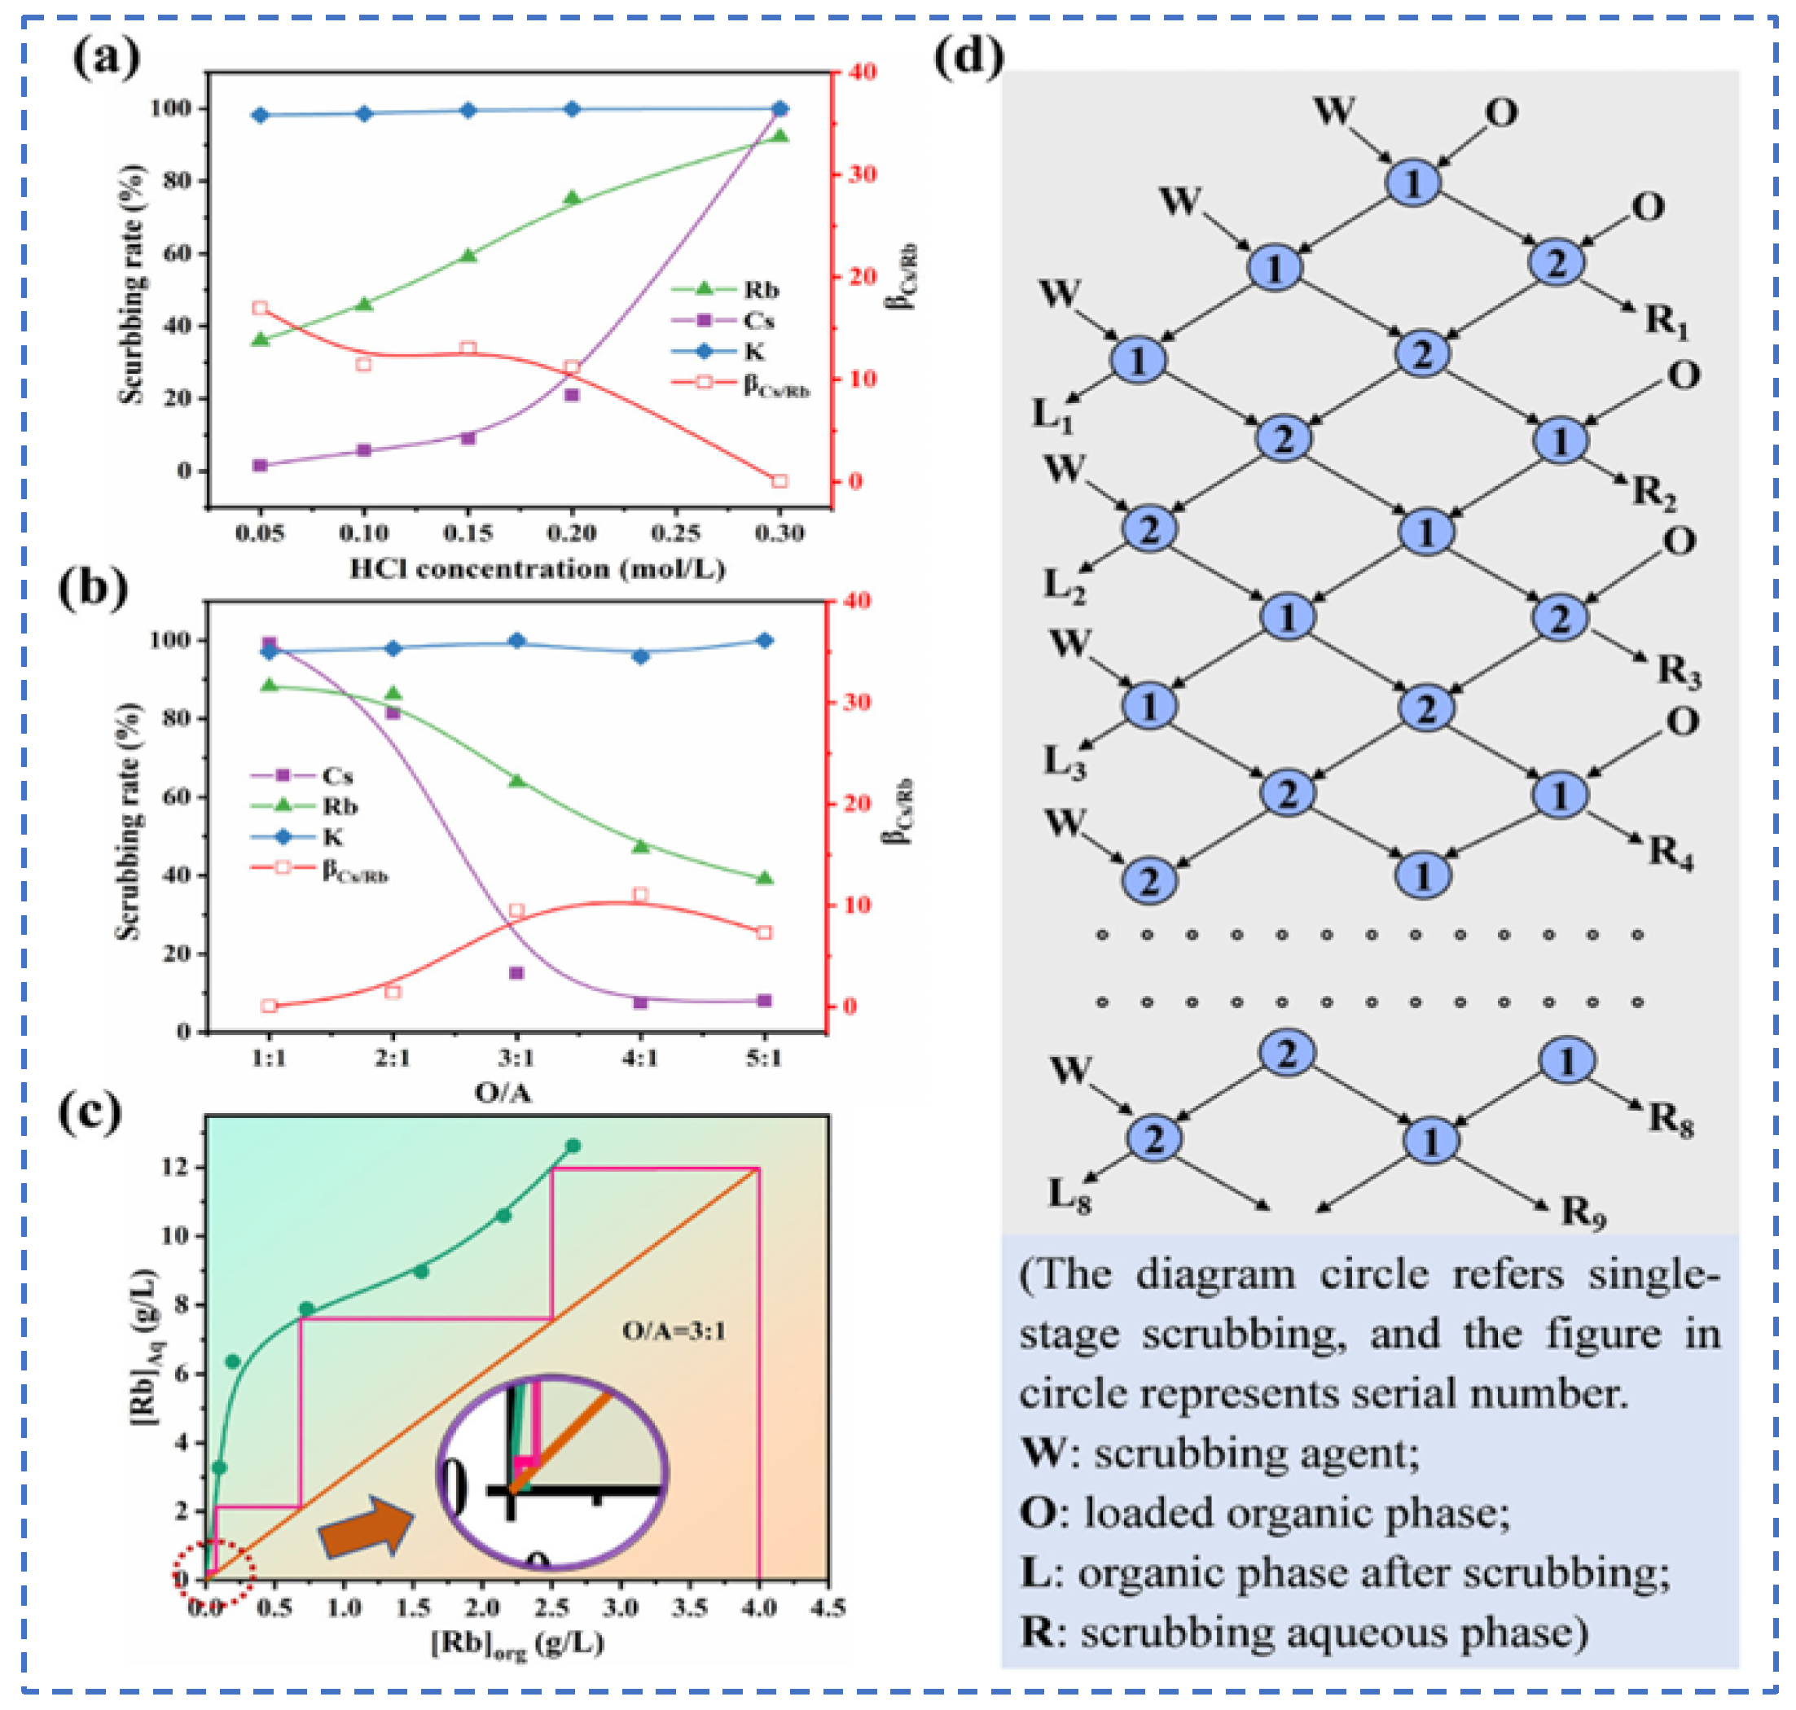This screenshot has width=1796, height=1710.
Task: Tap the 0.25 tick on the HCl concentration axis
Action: coord(675,533)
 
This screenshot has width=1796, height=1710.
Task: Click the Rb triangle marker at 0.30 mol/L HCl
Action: coord(780,136)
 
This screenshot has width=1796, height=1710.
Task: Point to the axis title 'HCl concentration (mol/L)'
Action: coord(538,570)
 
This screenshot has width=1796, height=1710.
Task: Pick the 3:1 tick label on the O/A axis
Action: coord(516,1059)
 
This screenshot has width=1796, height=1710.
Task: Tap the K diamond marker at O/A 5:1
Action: coord(764,641)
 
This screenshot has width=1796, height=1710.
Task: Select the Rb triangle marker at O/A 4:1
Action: coord(640,846)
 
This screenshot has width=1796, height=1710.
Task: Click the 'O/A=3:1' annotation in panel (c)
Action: coord(674,1331)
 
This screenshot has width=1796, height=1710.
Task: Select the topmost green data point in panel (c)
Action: coord(573,1146)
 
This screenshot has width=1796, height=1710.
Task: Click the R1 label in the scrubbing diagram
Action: coord(1667,321)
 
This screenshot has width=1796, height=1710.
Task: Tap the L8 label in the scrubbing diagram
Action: coord(1069,1195)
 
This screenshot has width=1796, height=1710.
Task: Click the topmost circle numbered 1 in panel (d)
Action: coord(1413,182)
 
